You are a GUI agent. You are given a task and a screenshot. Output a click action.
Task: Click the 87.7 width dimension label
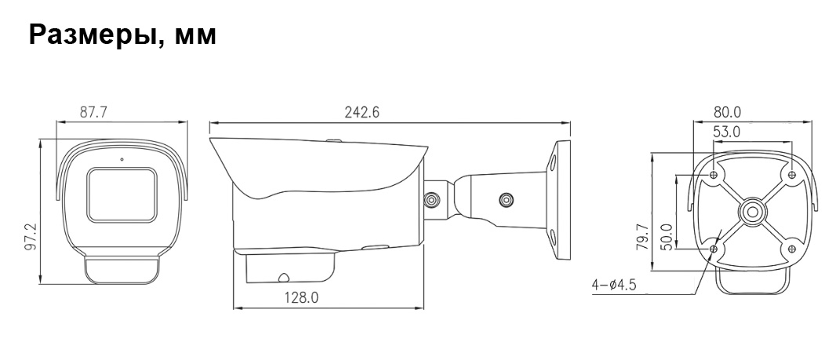pyautogui.click(x=93, y=112)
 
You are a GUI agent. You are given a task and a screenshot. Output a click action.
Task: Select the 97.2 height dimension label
pyautogui.click(x=30, y=238)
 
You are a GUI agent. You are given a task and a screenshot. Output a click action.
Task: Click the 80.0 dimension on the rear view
pyautogui.click(x=727, y=112)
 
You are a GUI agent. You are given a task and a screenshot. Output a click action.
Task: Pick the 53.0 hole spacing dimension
pyautogui.click(x=727, y=131)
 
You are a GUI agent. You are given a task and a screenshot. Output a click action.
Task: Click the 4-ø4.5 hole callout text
pyautogui.click(x=614, y=285)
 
